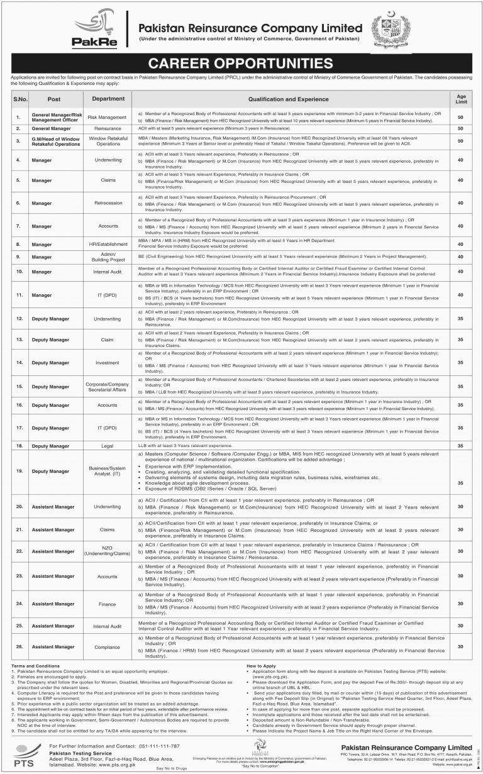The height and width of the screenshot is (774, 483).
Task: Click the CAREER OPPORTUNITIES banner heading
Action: (241, 63)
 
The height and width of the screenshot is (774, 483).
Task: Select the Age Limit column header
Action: (461, 99)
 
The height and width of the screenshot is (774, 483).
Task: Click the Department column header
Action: (104, 99)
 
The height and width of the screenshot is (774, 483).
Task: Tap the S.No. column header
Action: (19, 99)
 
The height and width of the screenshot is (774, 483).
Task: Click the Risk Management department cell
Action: (104, 117)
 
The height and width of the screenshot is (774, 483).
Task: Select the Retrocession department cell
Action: (104, 203)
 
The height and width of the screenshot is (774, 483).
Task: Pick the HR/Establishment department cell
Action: (104, 243)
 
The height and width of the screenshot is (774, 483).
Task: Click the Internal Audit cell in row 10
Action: (104, 271)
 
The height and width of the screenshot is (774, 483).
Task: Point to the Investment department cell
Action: (104, 363)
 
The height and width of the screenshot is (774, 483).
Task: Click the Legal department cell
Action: (104, 445)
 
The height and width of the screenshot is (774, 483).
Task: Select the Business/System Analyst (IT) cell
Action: (104, 474)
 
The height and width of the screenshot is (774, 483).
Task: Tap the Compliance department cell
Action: (104, 646)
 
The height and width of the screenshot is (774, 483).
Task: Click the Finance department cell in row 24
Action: (104, 604)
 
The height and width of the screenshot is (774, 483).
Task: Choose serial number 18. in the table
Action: (19, 445)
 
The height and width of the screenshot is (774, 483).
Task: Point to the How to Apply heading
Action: (260, 665)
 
